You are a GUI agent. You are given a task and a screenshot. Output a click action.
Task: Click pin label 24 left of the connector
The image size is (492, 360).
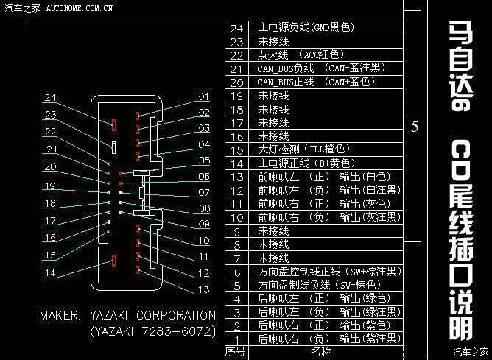(x=50, y=97)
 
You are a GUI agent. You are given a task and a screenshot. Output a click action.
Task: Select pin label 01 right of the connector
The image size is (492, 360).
(x=203, y=96)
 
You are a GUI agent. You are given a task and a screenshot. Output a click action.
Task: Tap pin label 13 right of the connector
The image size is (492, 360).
(x=203, y=289)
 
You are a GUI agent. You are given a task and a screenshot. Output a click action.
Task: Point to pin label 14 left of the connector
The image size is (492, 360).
(x=50, y=272)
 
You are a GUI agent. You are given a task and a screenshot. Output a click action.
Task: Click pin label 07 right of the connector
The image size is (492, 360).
(x=204, y=192)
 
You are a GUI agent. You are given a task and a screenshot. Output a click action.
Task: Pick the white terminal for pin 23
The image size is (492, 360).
(x=113, y=147)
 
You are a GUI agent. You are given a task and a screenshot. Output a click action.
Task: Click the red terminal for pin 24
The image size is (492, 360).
(x=114, y=125)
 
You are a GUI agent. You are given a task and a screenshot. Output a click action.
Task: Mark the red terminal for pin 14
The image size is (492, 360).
(x=114, y=261)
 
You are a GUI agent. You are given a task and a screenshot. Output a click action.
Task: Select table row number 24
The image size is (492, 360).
(x=236, y=29)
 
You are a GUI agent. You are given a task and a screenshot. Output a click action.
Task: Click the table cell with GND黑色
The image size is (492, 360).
(x=306, y=27)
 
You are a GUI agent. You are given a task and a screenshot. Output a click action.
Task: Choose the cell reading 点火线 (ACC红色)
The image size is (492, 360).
(x=301, y=55)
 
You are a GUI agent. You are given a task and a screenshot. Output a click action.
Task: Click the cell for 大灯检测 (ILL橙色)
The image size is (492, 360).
(x=303, y=149)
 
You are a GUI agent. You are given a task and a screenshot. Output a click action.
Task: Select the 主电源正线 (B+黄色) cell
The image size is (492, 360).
(x=306, y=163)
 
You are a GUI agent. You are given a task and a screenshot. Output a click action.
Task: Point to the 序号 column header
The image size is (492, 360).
(x=236, y=351)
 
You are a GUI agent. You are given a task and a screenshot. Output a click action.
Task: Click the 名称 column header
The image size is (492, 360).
(x=322, y=351)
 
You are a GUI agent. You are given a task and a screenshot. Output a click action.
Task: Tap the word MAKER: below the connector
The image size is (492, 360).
(x=60, y=315)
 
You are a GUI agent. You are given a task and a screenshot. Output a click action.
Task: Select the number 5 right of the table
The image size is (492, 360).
(x=415, y=127)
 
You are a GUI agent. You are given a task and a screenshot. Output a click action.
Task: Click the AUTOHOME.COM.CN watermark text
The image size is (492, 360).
(x=80, y=8)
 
